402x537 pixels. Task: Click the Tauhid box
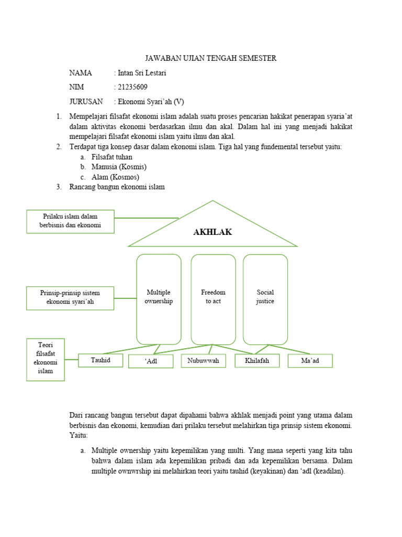tap(100, 360)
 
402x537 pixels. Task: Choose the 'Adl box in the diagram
tap(151, 361)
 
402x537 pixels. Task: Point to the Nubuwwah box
tap(203, 361)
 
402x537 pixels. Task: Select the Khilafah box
tap(256, 361)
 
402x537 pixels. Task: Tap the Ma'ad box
tap(310, 361)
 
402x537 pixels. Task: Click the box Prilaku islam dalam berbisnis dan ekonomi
tap(70, 221)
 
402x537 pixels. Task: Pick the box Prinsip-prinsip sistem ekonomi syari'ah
tap(70, 297)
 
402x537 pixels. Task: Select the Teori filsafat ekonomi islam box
tap(45, 359)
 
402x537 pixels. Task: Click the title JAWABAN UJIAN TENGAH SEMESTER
tap(210, 58)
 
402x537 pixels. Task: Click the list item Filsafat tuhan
tap(111, 157)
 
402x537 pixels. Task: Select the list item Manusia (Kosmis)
tap(119, 167)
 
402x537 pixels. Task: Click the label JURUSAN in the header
tap(86, 101)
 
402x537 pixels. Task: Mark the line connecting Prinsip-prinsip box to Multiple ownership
tap(125, 298)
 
